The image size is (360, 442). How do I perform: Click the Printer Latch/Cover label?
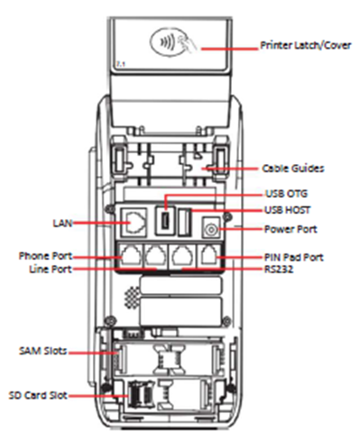click(306, 45)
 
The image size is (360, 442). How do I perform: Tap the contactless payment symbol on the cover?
click(169, 42)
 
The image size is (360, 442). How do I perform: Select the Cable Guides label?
click(293, 168)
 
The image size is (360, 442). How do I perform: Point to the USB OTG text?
click(286, 193)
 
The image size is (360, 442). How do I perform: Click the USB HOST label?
click(287, 210)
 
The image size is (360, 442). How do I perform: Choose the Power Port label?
click(291, 229)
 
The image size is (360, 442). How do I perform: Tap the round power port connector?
click(211, 230)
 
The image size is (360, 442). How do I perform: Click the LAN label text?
click(62, 223)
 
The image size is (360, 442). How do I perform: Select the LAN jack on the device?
click(134, 223)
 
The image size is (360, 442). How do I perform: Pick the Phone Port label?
click(45, 256)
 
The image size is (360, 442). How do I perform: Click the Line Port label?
click(51, 269)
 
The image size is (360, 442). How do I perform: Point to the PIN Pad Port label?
click(293, 257)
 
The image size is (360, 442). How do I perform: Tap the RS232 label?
click(279, 269)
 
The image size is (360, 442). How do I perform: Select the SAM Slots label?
click(42, 351)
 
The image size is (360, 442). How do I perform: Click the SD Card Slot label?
click(38, 395)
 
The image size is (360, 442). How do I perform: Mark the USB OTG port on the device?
click(165, 221)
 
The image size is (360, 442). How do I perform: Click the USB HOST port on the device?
click(184, 222)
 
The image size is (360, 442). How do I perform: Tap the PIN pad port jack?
click(210, 254)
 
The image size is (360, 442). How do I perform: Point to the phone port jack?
click(131, 254)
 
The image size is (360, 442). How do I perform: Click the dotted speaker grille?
click(133, 298)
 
